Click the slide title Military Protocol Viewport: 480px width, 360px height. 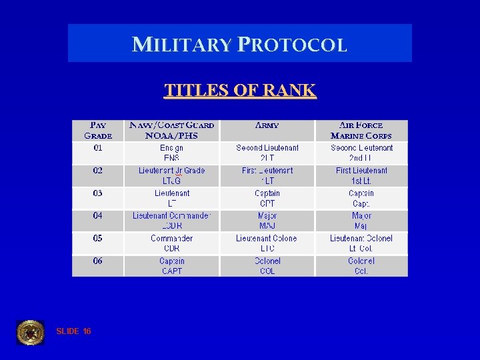tap(240, 45)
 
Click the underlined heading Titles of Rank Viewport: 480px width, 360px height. tap(240, 90)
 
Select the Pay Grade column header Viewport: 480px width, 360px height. tap(98, 130)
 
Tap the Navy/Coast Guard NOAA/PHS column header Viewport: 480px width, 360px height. tap(171, 130)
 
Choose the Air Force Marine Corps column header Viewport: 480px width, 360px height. tap(361, 130)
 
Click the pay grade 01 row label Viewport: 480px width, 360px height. tap(98, 148)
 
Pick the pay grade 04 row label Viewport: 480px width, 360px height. tap(98, 216)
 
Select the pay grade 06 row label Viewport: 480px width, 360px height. tap(98, 261)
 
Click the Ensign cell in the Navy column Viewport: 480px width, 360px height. tap(171, 153)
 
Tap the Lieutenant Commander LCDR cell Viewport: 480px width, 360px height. tap(171, 221)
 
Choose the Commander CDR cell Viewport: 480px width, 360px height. tap(171, 243)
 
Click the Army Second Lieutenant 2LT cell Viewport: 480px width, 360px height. tap(267, 153)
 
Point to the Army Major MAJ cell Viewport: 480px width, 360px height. tap(267, 221)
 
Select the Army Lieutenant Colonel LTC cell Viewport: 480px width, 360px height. tap(267, 243)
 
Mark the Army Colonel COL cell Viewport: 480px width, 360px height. tap(267, 266)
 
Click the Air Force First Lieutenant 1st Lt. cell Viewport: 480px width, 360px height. tap(361, 175)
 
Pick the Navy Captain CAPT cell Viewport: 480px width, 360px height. tap(171, 266)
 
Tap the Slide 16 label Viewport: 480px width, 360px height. tap(74, 331)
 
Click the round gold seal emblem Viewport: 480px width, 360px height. tap(31, 332)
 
